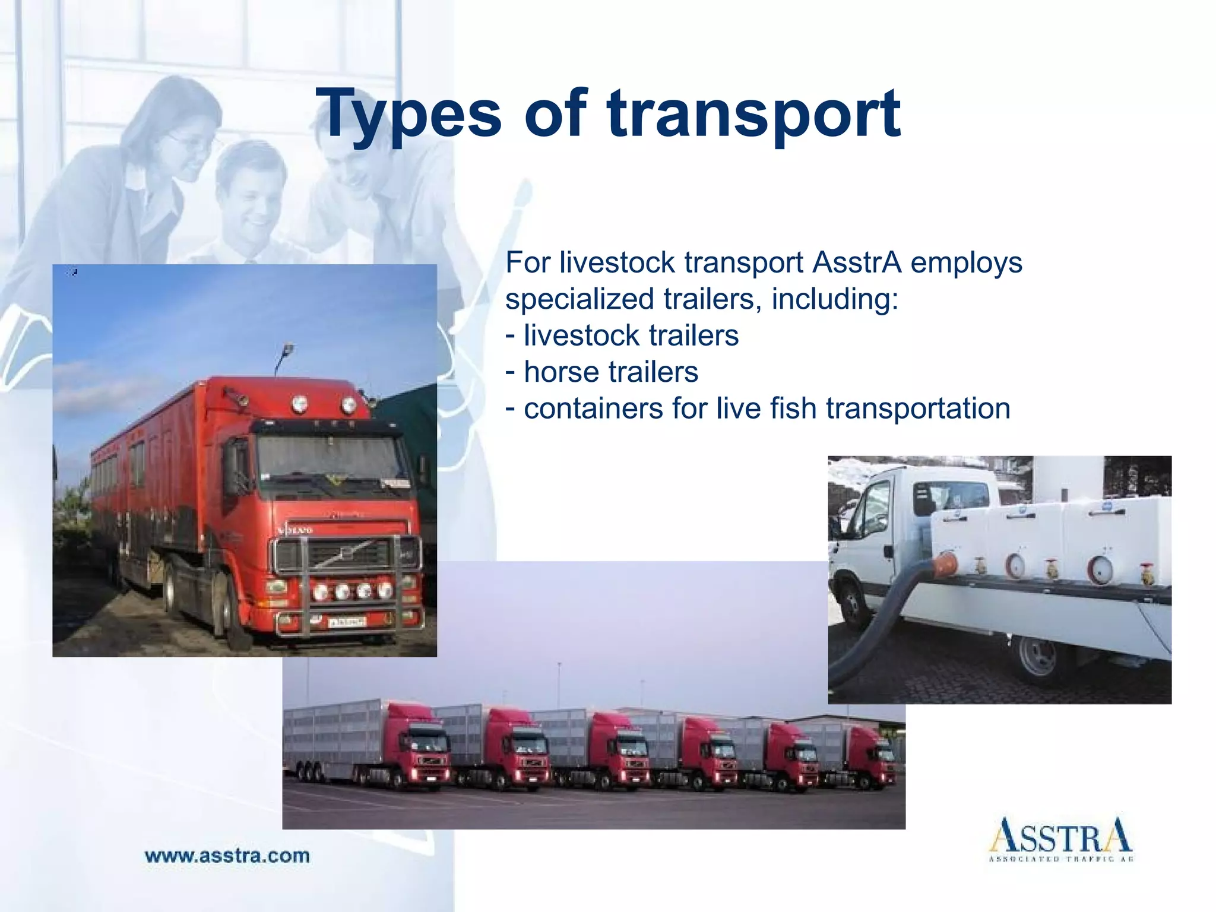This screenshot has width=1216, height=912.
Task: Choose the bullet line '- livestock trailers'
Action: (622, 335)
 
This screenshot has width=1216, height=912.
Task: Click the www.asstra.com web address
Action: (227, 856)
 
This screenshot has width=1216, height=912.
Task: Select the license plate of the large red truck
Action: (347, 622)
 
